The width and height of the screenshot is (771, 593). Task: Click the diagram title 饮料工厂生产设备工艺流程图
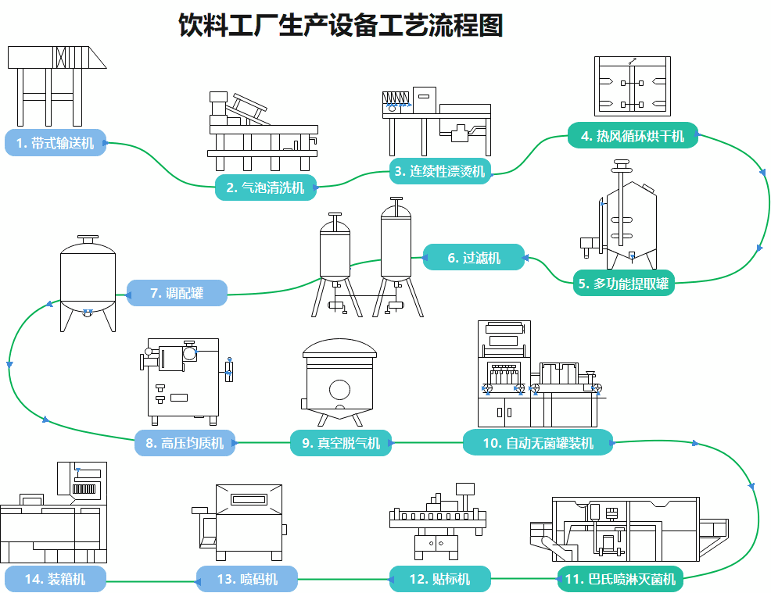point(341,26)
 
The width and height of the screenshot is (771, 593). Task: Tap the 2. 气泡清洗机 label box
point(265,188)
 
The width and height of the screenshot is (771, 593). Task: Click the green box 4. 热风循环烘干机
point(632,137)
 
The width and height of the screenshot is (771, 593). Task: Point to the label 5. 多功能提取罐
point(623,284)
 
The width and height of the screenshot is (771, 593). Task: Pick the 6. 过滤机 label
point(474,257)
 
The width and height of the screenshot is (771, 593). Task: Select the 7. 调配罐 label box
point(177,293)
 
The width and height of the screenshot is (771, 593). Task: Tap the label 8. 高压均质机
point(185,444)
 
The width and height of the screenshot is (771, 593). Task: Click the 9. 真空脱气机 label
point(341,444)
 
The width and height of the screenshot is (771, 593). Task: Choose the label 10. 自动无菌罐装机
point(538,444)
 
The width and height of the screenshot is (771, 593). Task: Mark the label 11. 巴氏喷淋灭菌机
point(621,580)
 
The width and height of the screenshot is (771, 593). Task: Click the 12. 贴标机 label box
point(440,579)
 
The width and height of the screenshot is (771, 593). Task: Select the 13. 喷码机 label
point(247,579)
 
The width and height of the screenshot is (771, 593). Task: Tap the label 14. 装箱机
point(55,579)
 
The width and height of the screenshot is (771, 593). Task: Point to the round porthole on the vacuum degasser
point(339,388)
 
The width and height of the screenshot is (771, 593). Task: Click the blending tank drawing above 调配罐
point(88,281)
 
